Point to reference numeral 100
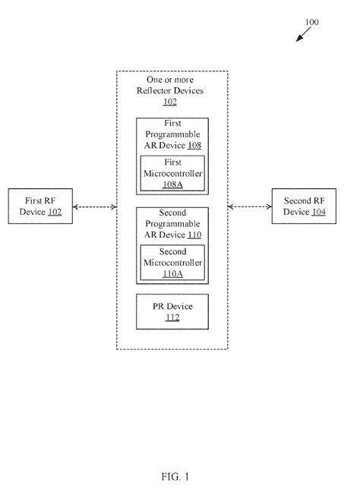tap(311, 22)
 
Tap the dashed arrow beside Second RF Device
tap(250, 206)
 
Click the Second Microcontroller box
tap(171, 262)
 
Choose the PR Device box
tap(171, 311)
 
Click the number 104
tap(319, 213)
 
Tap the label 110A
tap(171, 273)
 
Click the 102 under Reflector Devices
tap(171, 101)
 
